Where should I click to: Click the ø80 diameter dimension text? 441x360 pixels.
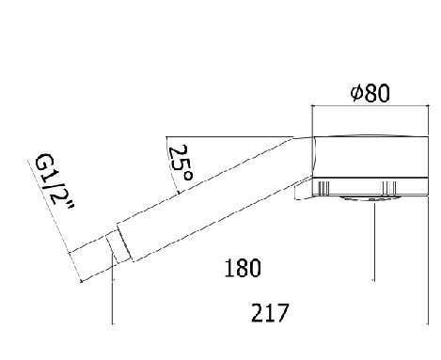tap(370, 93)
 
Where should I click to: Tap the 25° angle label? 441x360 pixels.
tap(181, 163)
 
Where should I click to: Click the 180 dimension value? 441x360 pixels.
tap(243, 268)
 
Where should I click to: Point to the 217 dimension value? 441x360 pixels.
tap(270, 313)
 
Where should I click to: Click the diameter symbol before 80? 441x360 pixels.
tap(356, 93)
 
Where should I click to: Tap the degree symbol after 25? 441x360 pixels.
tap(188, 177)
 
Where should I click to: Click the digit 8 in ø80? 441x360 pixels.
tap(370, 93)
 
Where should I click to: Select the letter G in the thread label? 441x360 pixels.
tap(45, 162)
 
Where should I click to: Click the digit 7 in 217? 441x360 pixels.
tap(282, 313)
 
